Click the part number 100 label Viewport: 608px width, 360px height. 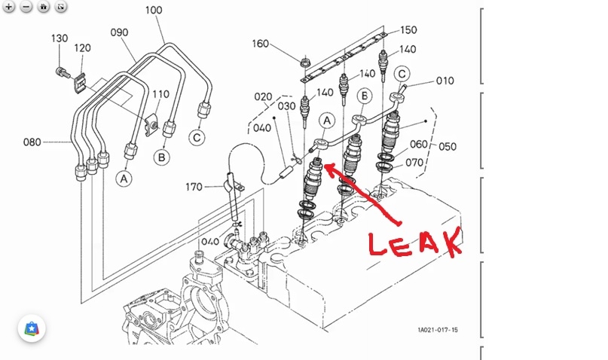[x=153, y=11]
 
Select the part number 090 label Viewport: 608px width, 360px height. [x=119, y=32]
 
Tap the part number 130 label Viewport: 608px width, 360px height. [x=60, y=38]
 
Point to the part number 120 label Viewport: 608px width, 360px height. [x=83, y=48]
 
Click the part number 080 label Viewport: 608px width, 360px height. [x=32, y=141]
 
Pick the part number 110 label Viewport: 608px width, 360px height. [x=160, y=95]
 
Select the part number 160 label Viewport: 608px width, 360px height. [x=260, y=44]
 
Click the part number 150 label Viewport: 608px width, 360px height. [x=408, y=30]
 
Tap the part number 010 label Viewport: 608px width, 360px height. [x=445, y=81]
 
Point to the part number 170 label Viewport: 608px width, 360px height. [x=194, y=186]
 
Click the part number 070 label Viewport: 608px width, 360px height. [x=438, y=161]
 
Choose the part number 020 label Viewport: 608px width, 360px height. [x=263, y=96]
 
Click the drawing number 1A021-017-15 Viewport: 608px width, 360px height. [x=438, y=329]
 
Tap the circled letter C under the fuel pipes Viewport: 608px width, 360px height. [x=196, y=137]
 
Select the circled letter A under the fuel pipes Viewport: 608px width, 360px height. [x=123, y=178]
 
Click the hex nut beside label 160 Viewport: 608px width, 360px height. [x=306, y=59]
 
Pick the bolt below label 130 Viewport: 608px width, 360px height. [x=57, y=72]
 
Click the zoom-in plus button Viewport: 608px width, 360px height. [x=9, y=6]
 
